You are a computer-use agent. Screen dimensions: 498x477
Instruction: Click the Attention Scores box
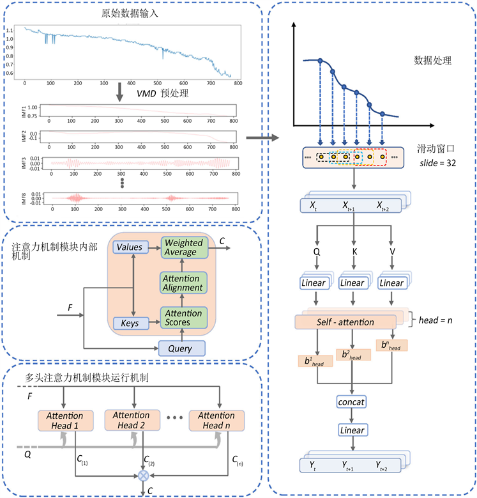[184, 318]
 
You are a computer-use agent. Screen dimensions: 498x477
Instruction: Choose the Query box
[183, 348]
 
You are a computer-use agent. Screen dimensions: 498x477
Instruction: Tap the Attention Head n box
[217, 421]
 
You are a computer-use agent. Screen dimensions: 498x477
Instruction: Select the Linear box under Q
[315, 283]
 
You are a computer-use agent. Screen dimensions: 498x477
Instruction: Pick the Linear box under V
[391, 283]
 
